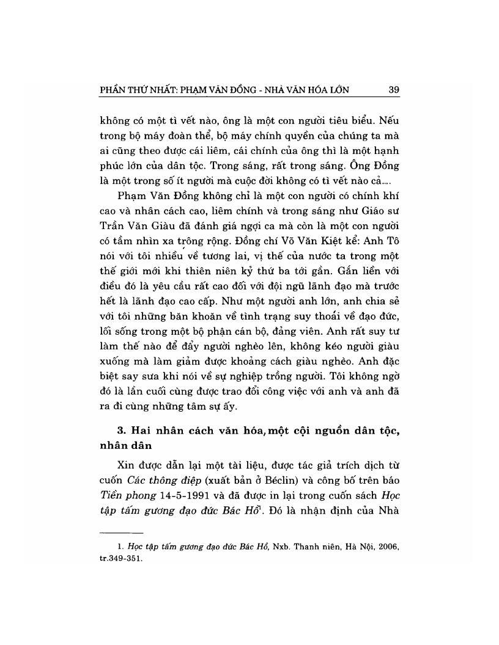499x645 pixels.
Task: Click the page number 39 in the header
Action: click(393, 90)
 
